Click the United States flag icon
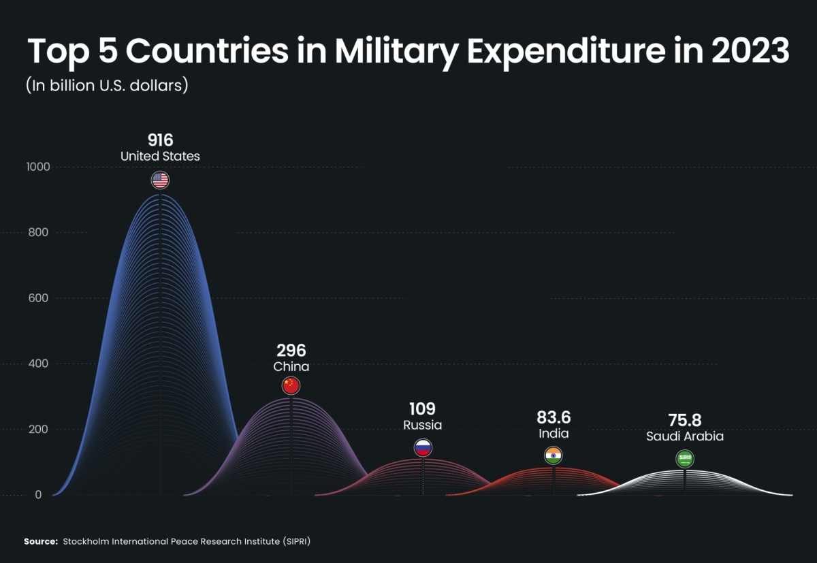pyautogui.click(x=160, y=180)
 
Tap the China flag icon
pyautogui.click(x=291, y=386)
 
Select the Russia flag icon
pyautogui.click(x=423, y=447)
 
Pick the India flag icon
pyautogui.click(x=553, y=455)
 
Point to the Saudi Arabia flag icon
pyautogui.click(x=684, y=459)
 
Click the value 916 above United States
pyautogui.click(x=160, y=140)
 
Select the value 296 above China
pyautogui.click(x=291, y=351)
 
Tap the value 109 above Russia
pyautogui.click(x=422, y=409)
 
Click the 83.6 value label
pyautogui.click(x=553, y=417)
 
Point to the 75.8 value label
pyautogui.click(x=684, y=421)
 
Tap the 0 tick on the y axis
pyautogui.click(x=38, y=495)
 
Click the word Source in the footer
pyautogui.click(x=41, y=541)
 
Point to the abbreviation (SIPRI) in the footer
pyautogui.click(x=299, y=541)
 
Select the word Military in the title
pyautogui.click(x=395, y=52)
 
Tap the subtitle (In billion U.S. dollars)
pyautogui.click(x=107, y=86)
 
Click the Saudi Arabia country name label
pyautogui.click(x=684, y=436)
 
